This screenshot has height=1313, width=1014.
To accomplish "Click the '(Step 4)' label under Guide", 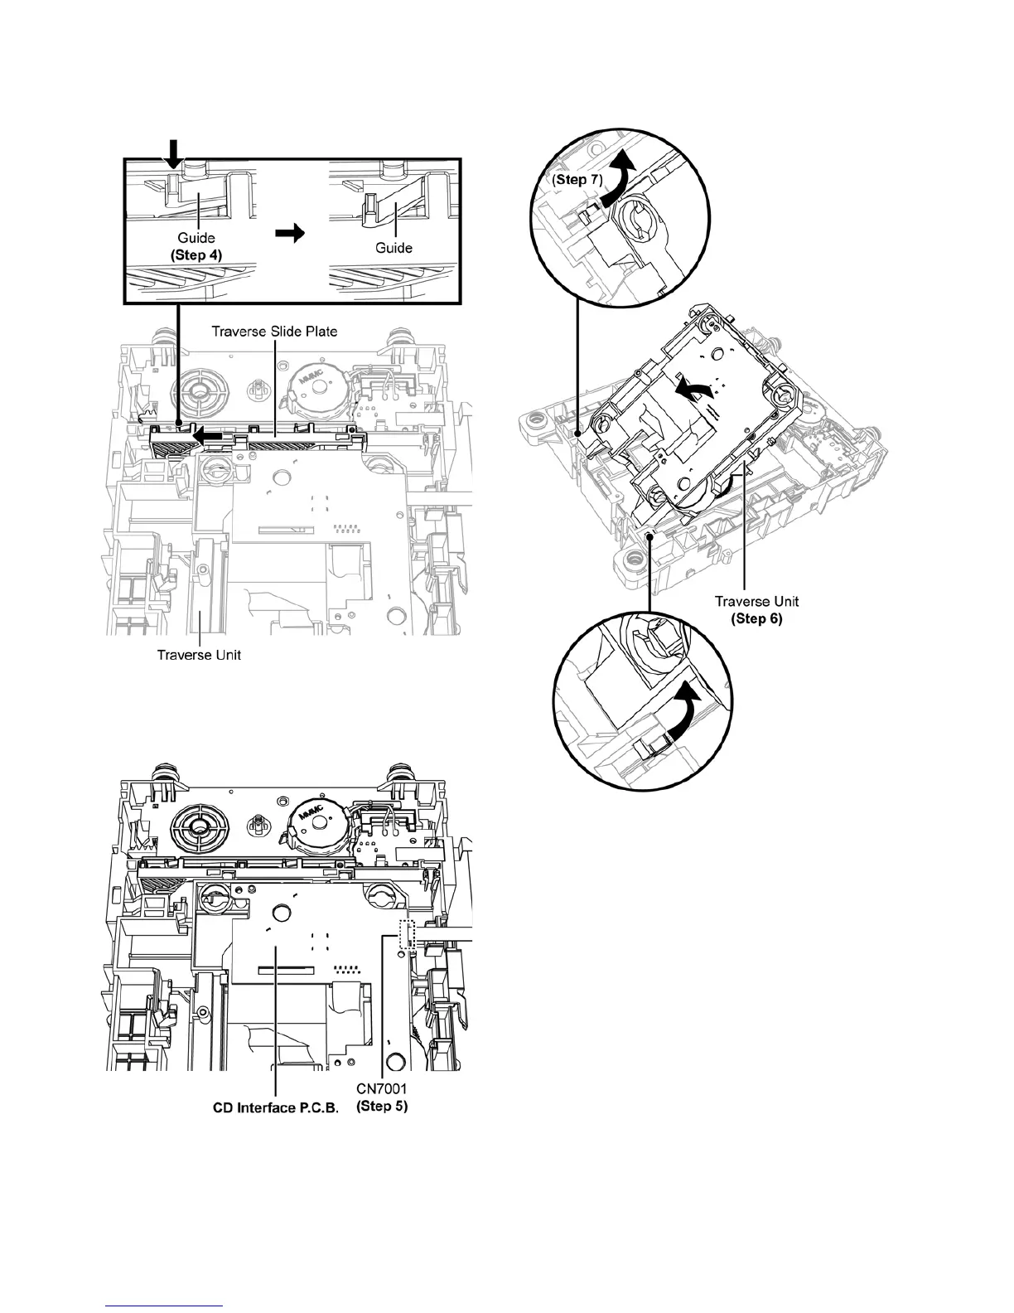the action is point(197,256).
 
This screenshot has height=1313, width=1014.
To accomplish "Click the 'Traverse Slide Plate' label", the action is point(274,332).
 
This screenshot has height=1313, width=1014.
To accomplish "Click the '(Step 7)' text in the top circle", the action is point(577,180).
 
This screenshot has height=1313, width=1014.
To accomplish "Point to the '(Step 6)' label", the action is point(757,618).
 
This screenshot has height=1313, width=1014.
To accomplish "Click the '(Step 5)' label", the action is point(381,1107).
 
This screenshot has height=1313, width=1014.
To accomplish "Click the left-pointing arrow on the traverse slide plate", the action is point(206,433).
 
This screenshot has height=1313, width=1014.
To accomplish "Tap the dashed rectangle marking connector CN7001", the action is point(406,934).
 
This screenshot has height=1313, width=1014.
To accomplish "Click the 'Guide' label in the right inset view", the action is point(394,247).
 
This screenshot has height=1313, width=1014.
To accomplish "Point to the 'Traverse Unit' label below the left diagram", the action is point(199,655).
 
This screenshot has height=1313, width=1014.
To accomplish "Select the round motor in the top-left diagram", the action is point(316,389).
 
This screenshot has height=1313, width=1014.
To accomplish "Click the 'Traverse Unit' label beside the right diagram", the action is point(757,602).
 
